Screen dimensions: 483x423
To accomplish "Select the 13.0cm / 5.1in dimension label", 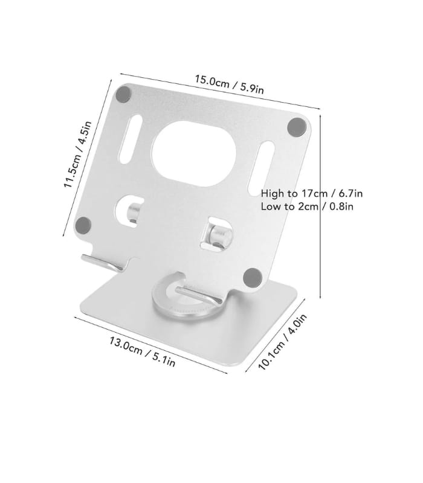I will tap(142, 353).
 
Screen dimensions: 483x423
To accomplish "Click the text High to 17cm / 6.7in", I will tap(311, 194).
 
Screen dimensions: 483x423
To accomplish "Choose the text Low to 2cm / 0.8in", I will tap(306, 206).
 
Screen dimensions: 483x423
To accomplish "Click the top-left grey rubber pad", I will tap(124, 94).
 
